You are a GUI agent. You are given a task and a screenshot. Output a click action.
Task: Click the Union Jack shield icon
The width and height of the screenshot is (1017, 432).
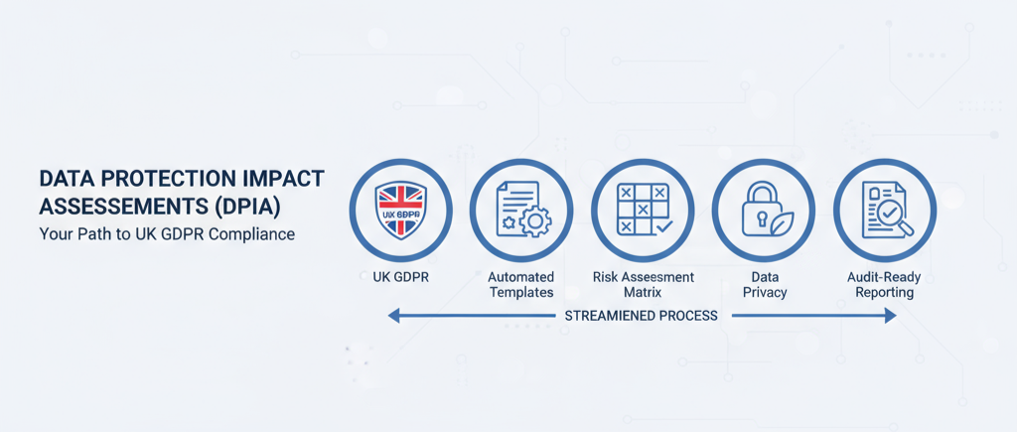coord(401,211)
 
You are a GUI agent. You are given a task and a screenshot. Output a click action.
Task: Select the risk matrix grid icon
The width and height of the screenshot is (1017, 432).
coord(643,209)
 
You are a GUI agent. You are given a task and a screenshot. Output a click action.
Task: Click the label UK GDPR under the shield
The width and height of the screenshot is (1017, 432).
coord(401,277)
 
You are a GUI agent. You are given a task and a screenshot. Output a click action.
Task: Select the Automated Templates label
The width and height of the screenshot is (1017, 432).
coord(521,285)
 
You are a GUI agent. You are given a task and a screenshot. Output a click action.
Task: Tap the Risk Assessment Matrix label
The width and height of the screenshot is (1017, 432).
coord(643,285)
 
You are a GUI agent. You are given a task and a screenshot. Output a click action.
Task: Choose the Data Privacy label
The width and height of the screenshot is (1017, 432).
coord(765,285)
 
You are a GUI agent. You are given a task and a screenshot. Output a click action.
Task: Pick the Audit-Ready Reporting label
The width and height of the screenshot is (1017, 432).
coord(884,285)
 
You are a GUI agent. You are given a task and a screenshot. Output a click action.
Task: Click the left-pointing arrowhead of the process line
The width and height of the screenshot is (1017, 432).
coord(393,316)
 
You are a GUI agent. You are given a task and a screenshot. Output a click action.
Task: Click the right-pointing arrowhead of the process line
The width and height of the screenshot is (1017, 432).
coord(890,316)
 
